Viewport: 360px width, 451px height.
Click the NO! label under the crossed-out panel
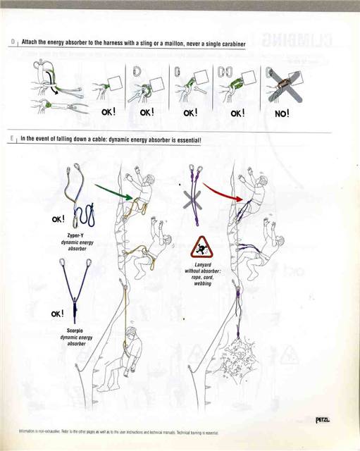(282, 113)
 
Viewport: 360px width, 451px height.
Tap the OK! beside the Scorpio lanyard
(58, 313)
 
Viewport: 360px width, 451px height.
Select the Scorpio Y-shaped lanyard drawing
(73, 282)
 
